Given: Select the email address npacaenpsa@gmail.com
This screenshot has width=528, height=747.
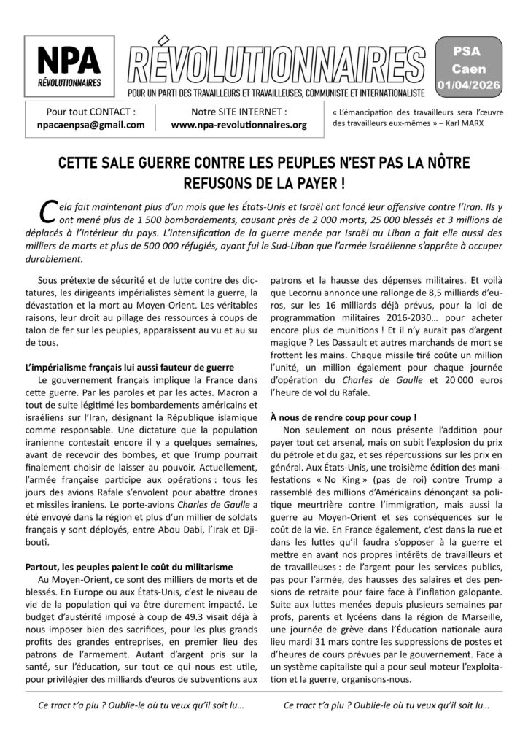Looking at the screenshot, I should tap(90, 125).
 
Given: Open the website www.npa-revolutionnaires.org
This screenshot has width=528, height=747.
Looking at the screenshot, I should tap(239, 125).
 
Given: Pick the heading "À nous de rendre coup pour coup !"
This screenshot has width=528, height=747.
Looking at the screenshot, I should tap(354, 418).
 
